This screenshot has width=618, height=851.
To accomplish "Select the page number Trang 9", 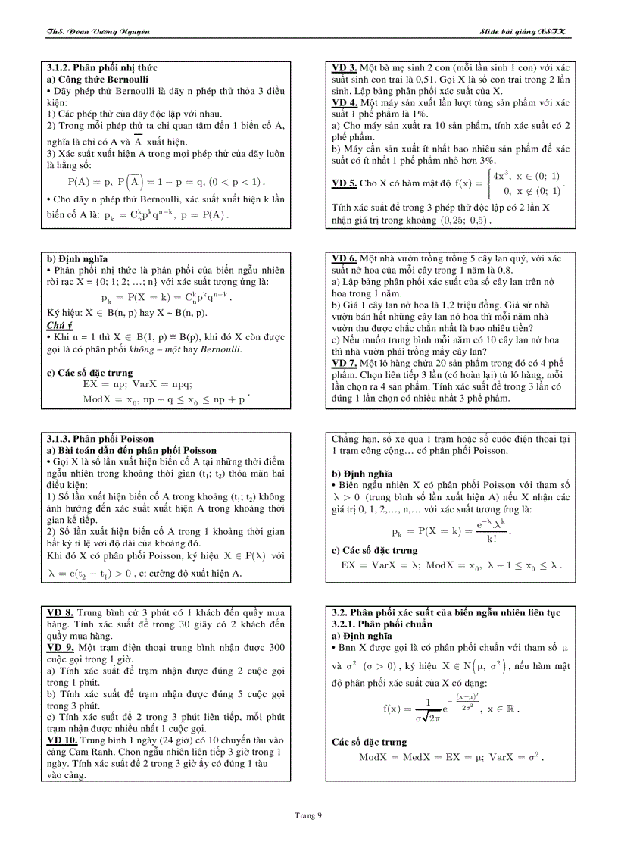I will (308, 815).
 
